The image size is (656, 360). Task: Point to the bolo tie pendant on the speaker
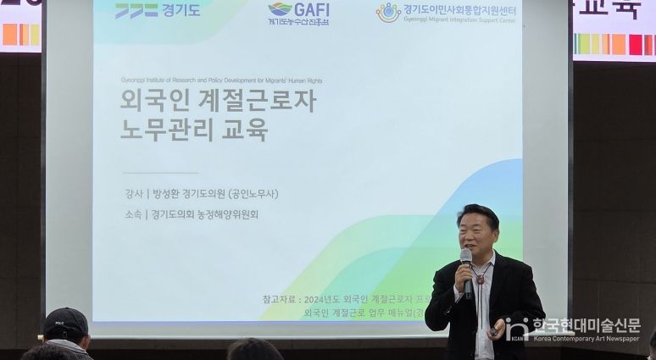[480, 279]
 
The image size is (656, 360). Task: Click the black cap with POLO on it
[66, 323]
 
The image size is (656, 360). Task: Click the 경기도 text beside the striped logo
[182, 11]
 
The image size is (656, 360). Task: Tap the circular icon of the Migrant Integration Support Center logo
[388, 12]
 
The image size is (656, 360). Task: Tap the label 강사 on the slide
[133, 194]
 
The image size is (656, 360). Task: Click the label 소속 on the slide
[133, 214]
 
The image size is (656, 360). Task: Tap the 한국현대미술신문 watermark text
[586, 324]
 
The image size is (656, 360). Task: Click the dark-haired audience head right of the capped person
[254, 350]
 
